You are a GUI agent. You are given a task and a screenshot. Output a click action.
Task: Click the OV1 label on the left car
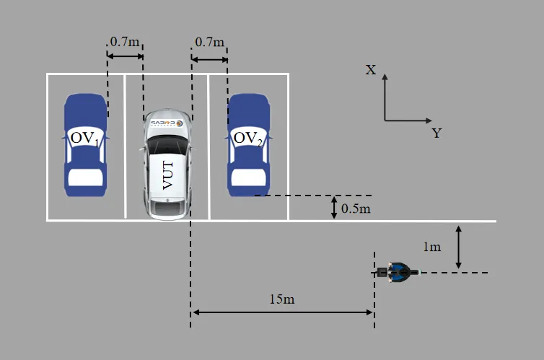[x=84, y=137]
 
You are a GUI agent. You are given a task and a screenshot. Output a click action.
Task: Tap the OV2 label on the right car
[x=247, y=137]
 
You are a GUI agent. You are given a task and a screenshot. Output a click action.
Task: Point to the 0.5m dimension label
[x=356, y=208]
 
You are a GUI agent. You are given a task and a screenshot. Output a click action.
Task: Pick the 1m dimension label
[x=431, y=247]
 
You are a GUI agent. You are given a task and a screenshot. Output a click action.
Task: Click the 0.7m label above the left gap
[x=125, y=42]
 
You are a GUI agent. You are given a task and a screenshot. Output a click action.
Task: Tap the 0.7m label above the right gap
[x=209, y=42]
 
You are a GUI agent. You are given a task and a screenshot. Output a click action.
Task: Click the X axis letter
[x=371, y=69]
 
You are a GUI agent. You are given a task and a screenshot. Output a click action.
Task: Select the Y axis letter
[x=436, y=133]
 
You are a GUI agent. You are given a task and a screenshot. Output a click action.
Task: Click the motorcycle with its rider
[x=396, y=272]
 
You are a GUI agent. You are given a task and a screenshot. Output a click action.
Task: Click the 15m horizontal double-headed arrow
[x=282, y=312]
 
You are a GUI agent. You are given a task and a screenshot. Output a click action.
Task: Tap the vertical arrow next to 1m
[x=459, y=247]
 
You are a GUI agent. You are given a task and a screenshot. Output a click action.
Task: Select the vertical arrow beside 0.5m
[x=333, y=208]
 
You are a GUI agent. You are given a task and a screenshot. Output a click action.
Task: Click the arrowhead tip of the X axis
[x=385, y=73]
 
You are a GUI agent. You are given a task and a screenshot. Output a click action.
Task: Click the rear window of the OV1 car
[x=84, y=177]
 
